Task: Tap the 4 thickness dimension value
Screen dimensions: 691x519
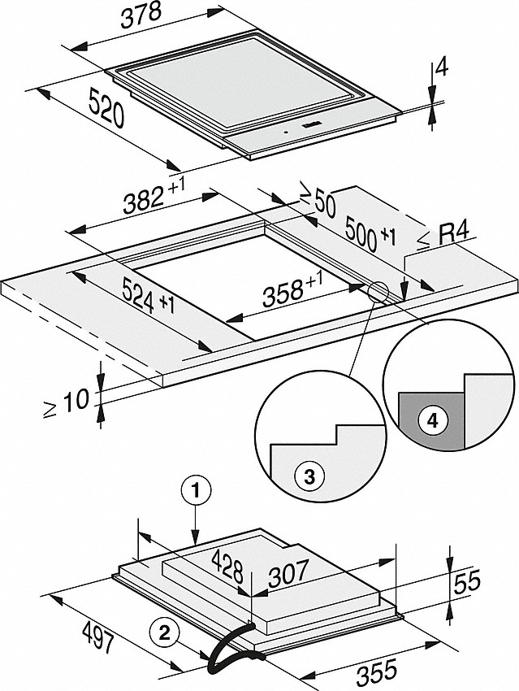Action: [x=441, y=69]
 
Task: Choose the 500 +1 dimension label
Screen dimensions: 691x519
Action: [x=369, y=232]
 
